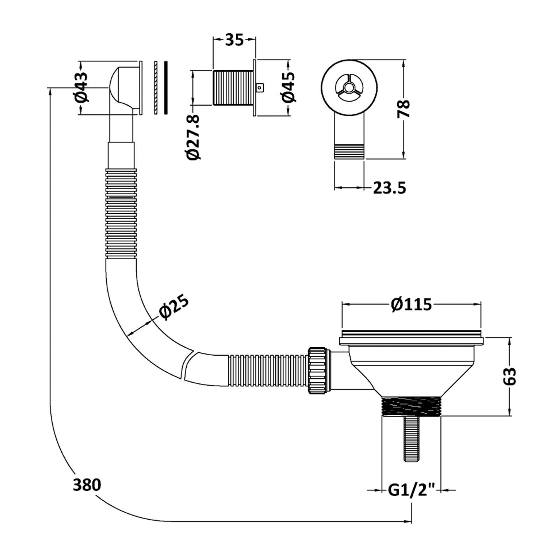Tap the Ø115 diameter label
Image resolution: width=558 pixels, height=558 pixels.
(x=412, y=305)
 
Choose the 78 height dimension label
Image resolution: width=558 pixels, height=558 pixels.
(x=404, y=109)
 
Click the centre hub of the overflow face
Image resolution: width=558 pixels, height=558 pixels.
(x=349, y=87)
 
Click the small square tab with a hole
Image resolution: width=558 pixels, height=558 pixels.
(x=260, y=87)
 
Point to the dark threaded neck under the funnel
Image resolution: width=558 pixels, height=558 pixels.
(x=411, y=410)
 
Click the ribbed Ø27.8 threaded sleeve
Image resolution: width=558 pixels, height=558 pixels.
(x=233, y=87)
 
